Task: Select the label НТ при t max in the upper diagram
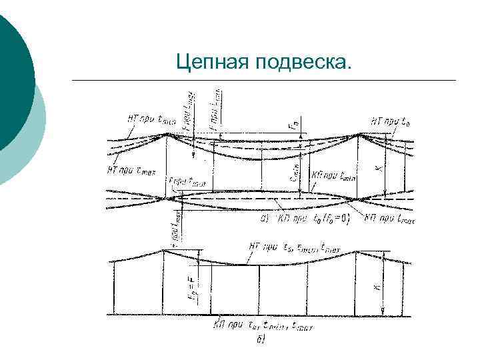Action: pos(129,170)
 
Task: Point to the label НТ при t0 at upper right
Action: pos(390,121)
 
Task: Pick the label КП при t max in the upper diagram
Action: pos(391,220)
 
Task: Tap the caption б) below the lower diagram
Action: pos(261,341)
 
